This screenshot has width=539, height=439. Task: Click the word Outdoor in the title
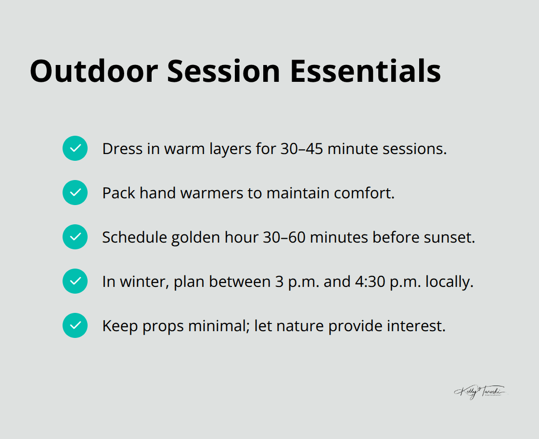pyautogui.click(x=93, y=71)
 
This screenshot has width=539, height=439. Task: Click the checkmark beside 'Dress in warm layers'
pyautogui.click(x=75, y=148)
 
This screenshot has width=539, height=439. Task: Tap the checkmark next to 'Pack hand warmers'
pyautogui.click(x=75, y=193)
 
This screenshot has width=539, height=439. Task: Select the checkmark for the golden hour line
pyautogui.click(x=75, y=237)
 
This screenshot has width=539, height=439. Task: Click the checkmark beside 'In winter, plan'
pyautogui.click(x=75, y=281)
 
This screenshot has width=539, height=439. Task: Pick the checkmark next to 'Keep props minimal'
pyautogui.click(x=75, y=325)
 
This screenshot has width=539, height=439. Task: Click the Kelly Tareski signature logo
pyautogui.click(x=480, y=392)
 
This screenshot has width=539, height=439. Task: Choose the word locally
pyautogui.click(x=451, y=282)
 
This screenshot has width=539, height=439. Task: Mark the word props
pyautogui.click(x=164, y=326)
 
